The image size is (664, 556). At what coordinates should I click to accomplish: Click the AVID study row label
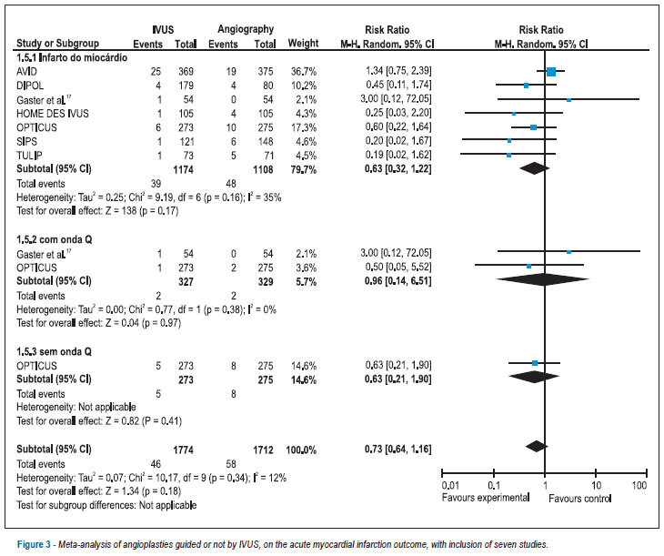[26, 71]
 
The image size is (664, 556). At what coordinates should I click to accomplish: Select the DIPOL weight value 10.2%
[303, 86]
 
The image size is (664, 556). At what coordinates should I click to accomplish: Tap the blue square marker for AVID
[551, 72]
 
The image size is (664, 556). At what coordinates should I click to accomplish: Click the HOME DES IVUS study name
[53, 114]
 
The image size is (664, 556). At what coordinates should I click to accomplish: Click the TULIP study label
[29, 156]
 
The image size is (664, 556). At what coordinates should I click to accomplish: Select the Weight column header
[303, 44]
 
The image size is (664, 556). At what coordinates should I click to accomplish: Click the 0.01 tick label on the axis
[450, 485]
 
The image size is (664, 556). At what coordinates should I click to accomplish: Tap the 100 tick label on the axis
[639, 485]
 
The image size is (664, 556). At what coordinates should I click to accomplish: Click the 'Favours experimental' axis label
[486, 498]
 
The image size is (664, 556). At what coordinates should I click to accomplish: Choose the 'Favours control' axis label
[579, 499]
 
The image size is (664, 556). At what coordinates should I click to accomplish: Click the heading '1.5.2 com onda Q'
[55, 239]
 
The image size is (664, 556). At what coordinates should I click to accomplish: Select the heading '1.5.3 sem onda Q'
[54, 351]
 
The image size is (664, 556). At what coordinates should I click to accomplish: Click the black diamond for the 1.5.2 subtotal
[542, 279]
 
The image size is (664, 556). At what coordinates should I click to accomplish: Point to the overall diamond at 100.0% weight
[537, 446]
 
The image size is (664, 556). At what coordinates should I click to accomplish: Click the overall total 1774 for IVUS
[184, 450]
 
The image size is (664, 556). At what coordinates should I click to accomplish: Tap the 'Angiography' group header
[246, 29]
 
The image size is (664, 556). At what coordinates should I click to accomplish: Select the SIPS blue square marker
[509, 141]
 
